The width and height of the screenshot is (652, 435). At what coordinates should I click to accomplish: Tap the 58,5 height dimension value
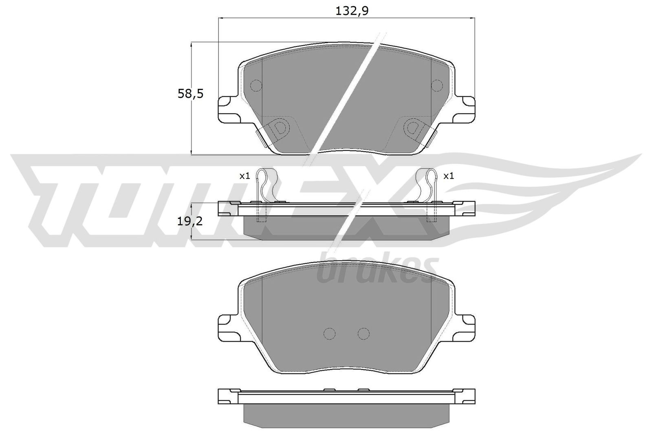pos(190,94)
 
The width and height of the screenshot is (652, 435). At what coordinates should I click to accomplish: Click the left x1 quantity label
pos(244,176)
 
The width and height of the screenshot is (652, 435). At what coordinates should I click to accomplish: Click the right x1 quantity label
pos(449,176)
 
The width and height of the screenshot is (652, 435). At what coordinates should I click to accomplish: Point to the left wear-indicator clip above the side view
pos(265,183)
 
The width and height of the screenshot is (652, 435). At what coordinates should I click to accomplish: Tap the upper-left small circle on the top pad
pos(256,85)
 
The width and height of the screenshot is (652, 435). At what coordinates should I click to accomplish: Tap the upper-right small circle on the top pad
pos(437,85)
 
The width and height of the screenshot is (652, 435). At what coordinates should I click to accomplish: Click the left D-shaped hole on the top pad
pos(280,128)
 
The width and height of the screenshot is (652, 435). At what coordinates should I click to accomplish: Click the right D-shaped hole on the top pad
pos(413,128)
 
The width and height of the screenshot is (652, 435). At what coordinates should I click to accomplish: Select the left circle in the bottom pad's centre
pos(329,333)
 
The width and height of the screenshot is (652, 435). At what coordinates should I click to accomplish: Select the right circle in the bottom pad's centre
pos(363,333)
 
